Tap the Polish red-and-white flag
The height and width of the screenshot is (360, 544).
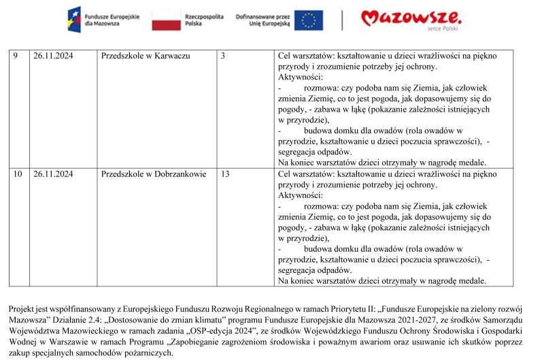coord(165,20)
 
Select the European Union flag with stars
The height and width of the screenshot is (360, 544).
coord(309,20)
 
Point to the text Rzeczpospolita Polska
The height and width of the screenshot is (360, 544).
coord(204,19)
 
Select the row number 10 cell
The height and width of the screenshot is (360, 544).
coord(18,174)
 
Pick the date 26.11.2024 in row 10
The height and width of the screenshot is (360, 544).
coord(53,174)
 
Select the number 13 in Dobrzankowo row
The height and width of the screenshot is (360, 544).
coord(225,174)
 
